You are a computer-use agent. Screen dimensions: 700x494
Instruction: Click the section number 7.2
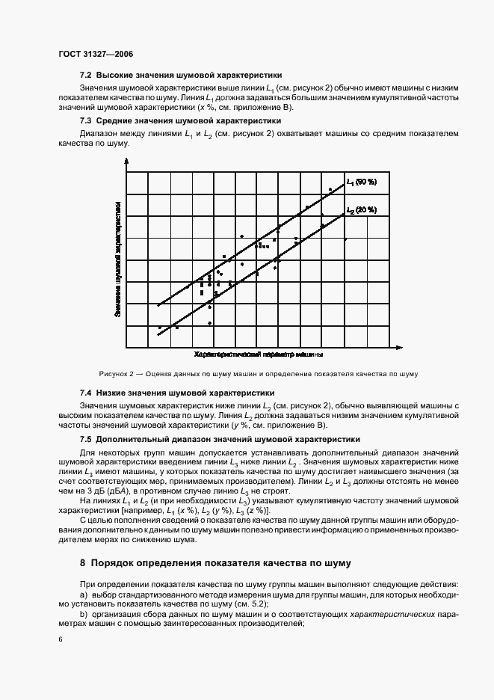coord(85,75)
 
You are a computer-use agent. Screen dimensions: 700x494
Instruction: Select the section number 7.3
coord(85,120)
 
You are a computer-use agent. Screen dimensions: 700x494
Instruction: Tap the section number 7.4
coord(85,392)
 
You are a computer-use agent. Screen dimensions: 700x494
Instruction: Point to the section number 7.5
coord(85,439)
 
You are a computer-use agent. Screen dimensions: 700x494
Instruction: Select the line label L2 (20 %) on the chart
coord(362,209)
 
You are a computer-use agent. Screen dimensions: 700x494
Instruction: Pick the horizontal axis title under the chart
coord(259,352)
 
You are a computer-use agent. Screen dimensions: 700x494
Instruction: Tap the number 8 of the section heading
coord(82,562)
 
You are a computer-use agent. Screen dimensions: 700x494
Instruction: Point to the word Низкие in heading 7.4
coord(110,392)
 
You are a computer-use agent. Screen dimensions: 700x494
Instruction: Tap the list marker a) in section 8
coord(83,594)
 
